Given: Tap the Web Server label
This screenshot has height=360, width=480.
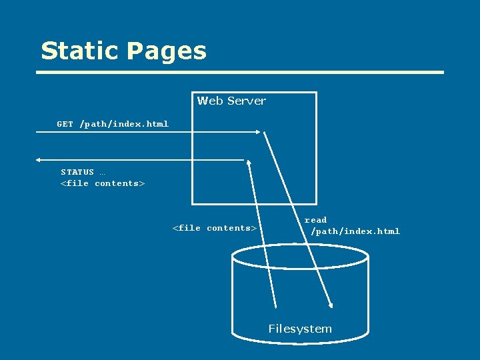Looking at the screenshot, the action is [x=231, y=101].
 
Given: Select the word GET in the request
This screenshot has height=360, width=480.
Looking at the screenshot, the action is [x=65, y=124].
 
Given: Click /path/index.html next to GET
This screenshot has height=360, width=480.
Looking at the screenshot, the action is [x=124, y=124].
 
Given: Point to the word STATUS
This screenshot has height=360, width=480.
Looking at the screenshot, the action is [x=77, y=172].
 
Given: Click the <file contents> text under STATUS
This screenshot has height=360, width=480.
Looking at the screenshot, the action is [x=103, y=183].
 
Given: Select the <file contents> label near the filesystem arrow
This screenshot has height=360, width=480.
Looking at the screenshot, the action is [x=215, y=228].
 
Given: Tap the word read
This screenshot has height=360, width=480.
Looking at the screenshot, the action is [x=315, y=220].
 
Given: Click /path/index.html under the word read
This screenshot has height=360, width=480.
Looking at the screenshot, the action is [x=355, y=231].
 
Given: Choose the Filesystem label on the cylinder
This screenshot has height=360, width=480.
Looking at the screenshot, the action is [x=300, y=329].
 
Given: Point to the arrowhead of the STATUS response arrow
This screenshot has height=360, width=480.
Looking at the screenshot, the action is [x=39, y=160].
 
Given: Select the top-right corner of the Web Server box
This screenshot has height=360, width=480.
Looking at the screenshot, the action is [x=316, y=93].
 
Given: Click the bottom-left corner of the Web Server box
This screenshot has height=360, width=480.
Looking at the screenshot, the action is [x=193, y=203].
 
